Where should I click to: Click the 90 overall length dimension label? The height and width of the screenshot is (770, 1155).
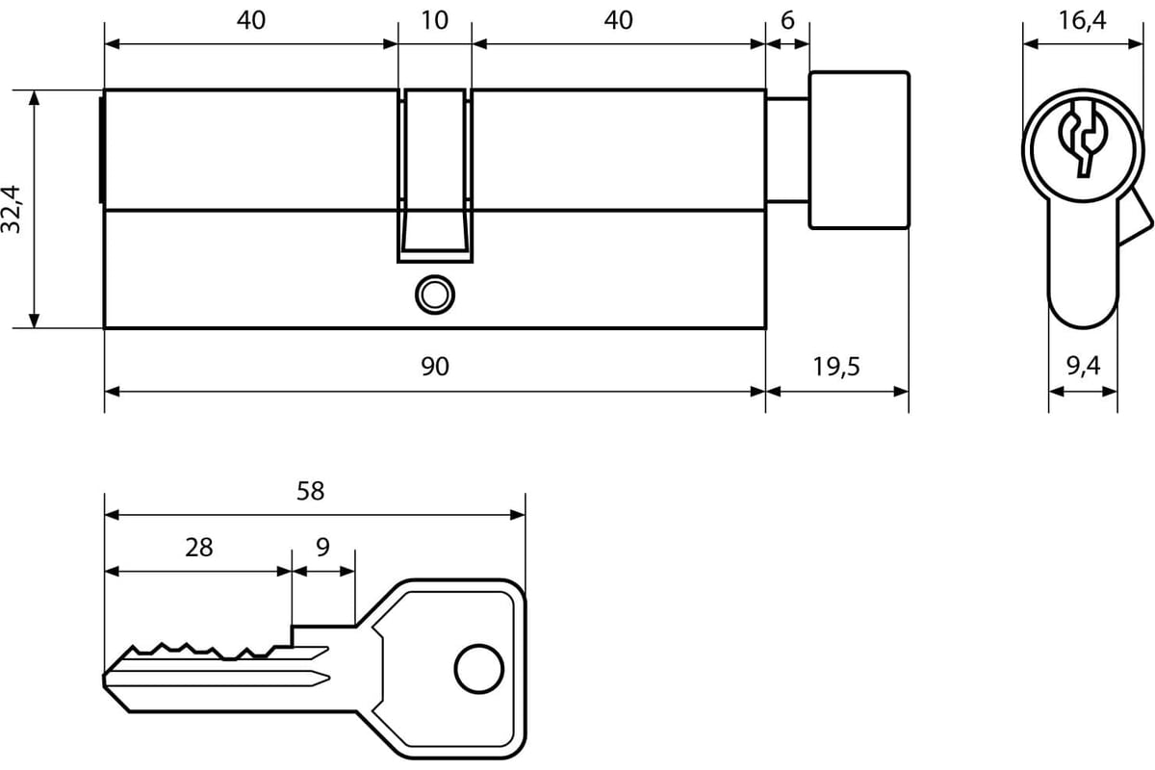coord(435,366)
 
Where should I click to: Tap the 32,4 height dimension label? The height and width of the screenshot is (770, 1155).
coord(12,210)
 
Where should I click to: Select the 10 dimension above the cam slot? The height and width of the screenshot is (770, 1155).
coord(435,20)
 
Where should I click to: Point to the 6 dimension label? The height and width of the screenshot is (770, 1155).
coord(787,20)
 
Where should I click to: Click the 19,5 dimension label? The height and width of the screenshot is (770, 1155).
coord(836,367)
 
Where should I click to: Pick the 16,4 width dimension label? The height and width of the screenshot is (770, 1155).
coord(1082,21)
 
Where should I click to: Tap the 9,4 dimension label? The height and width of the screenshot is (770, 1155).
coord(1084,366)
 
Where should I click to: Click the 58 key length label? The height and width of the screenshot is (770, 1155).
coord(310,491)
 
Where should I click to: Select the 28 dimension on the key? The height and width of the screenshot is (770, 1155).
coord(199,548)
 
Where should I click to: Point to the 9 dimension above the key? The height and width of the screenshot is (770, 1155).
coord(322,548)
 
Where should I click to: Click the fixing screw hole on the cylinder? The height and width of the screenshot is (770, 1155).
coord(435,295)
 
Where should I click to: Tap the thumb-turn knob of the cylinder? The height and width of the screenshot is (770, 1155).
coord(859,150)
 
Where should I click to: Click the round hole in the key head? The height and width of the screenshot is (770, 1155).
coord(479,669)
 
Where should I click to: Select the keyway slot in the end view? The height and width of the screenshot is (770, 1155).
coord(1083,140)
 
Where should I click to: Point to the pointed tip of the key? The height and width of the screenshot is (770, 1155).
coord(105,680)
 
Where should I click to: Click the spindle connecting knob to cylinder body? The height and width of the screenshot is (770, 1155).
coord(787,150)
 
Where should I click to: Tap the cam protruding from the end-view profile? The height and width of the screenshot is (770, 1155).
coord(1135,218)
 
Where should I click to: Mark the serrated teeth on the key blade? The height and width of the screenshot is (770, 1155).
coord(206,652)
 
